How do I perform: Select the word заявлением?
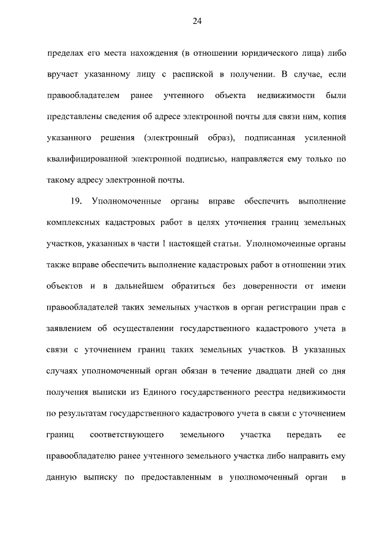70,329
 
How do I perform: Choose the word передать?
300,435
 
